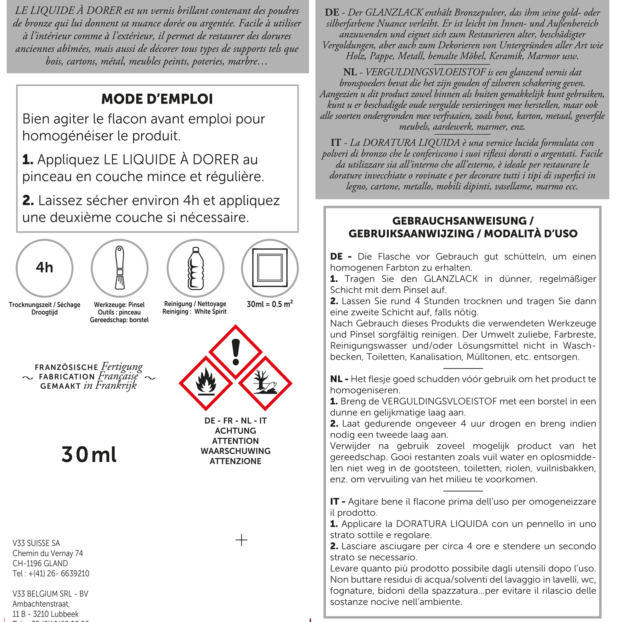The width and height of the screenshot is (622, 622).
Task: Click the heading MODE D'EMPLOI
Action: pyautogui.click(x=157, y=99)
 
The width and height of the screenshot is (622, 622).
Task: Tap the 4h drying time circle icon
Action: pyautogui.click(x=45, y=268)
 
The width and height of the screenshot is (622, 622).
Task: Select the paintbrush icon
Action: pyautogui.click(x=119, y=268)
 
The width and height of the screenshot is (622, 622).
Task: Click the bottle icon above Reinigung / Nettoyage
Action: pyautogui.click(x=195, y=268)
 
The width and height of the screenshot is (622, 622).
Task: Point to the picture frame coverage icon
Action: pyautogui.click(x=270, y=268)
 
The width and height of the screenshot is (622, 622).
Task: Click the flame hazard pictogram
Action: pyautogui.click(x=206, y=383)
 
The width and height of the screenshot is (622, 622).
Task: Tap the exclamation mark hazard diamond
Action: pyautogui.click(x=236, y=352)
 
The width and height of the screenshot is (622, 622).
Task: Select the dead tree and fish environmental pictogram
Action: pyautogui.click(x=265, y=383)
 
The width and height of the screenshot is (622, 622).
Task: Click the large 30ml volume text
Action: pyautogui.click(x=89, y=455)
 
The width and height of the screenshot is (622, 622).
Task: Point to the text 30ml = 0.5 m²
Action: pyautogui.click(x=270, y=304)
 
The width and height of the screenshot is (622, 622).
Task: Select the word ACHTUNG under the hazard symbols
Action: pyautogui.click(x=235, y=431)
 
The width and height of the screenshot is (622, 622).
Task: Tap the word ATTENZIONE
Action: pyautogui.click(x=235, y=461)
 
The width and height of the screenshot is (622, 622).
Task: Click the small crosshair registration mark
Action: pyautogui.click(x=241, y=540)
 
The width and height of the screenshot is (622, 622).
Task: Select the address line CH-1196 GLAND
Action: pyautogui.click(x=40, y=563)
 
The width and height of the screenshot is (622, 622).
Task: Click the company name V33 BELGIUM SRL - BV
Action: pyautogui.click(x=50, y=594)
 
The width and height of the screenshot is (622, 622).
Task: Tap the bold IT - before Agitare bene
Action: pyautogui.click(x=338, y=501)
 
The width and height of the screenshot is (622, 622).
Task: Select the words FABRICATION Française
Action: pyautogui.click(x=89, y=376)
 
